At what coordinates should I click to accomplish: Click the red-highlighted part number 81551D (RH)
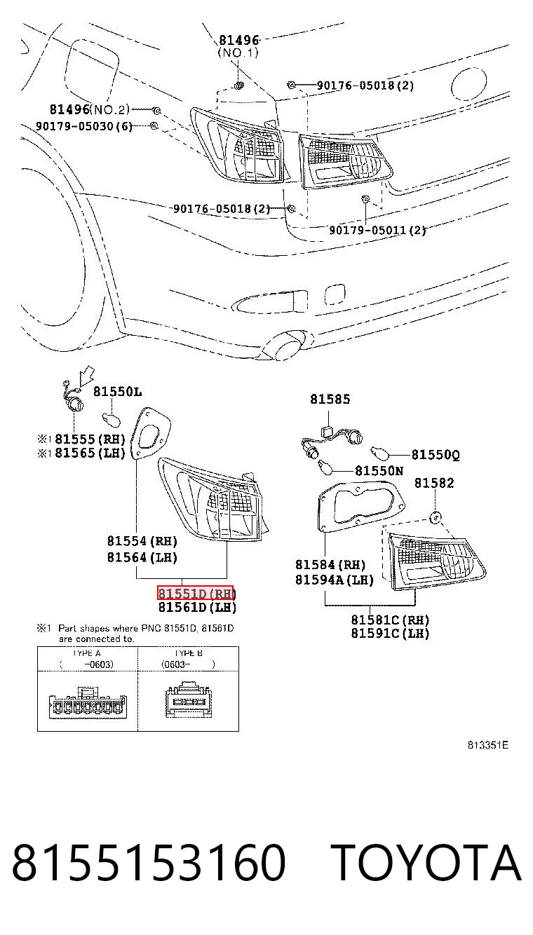[x=196, y=593]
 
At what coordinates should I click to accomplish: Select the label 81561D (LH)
[x=197, y=607]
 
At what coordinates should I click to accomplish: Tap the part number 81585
[x=330, y=399]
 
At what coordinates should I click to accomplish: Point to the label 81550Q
[x=436, y=454]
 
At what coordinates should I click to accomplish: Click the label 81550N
[x=379, y=471]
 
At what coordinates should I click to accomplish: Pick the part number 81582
[x=434, y=483]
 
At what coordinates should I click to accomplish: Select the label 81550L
[x=117, y=392]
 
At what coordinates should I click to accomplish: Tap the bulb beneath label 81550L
[x=112, y=418]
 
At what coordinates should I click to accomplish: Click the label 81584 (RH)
[x=330, y=565]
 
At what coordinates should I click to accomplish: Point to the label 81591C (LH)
[x=390, y=633]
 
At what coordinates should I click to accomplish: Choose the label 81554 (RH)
[x=142, y=541]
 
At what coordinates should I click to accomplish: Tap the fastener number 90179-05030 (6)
[x=84, y=126]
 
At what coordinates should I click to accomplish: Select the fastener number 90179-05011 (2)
[x=377, y=230]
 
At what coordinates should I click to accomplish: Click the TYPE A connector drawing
[x=88, y=702]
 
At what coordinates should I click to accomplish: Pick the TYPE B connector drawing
[x=189, y=699]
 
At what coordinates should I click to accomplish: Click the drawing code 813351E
[x=488, y=745]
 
